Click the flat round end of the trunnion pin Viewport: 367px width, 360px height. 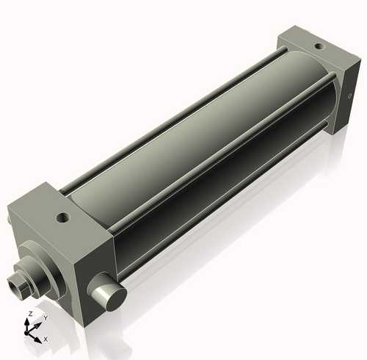pos(109,298)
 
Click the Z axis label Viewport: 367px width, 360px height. pos(29,314)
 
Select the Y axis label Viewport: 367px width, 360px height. pos(46,318)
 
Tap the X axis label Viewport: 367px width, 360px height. pos(46,339)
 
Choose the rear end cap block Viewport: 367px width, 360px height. pos(316,73)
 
